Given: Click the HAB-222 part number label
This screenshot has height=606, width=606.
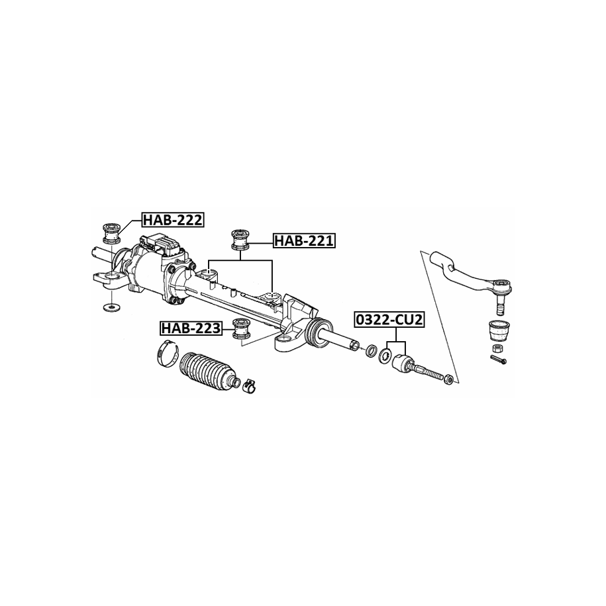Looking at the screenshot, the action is (x=173, y=219).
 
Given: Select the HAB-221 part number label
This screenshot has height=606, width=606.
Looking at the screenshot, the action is (x=304, y=241).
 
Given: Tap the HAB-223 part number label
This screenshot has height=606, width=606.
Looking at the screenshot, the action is (x=191, y=328).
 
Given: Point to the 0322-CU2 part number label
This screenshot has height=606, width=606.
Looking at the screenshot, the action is (x=389, y=320).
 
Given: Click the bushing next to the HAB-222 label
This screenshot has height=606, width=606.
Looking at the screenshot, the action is (x=111, y=233).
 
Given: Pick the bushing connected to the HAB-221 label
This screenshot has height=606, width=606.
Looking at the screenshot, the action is (x=240, y=240).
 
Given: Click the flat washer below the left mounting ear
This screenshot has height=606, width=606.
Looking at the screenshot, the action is (x=111, y=308).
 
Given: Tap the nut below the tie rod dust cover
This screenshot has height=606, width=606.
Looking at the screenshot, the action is (x=498, y=348).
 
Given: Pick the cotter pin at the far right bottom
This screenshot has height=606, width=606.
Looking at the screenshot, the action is (x=499, y=360).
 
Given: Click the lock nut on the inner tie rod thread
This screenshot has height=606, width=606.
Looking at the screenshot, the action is (x=448, y=378).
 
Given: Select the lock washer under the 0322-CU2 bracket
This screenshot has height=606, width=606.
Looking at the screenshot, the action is (x=385, y=355).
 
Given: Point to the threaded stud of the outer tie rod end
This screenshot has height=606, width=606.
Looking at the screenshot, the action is (x=500, y=305).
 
